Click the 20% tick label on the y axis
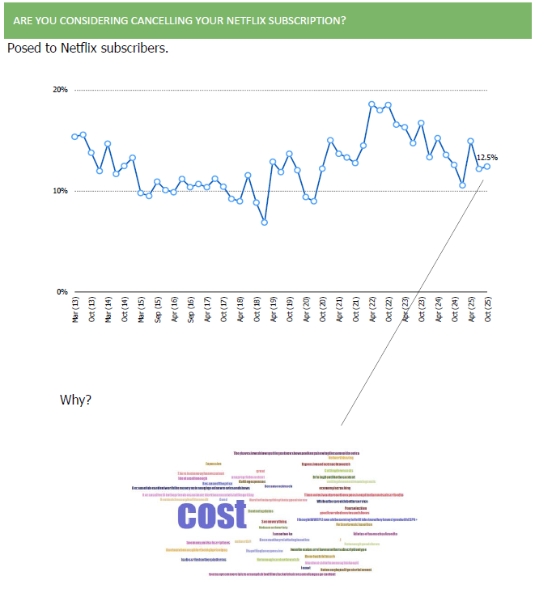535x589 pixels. coord(60,90)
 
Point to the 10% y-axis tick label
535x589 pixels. coord(60,191)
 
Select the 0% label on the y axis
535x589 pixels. coord(62,292)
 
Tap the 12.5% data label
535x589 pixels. coord(486,158)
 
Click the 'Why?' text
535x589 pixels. coord(76,400)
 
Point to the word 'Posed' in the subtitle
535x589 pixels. coord(23,48)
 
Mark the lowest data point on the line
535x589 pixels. coord(264,222)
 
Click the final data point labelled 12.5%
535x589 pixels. coord(487,166)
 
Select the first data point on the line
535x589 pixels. coord(74,137)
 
